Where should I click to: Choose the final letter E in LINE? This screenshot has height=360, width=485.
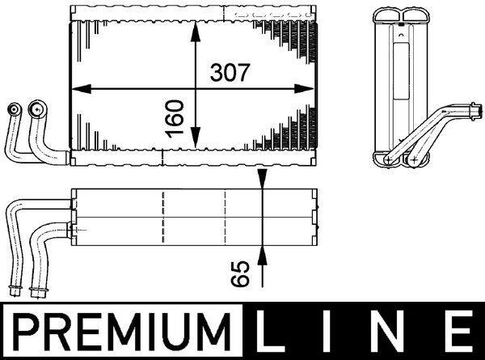(458, 332)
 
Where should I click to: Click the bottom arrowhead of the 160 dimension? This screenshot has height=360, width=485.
(194, 145)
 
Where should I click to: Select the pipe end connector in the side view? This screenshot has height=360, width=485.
(470, 108)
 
